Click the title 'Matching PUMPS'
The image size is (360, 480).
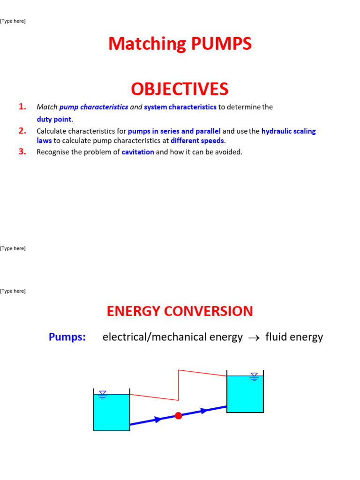tap(180, 44)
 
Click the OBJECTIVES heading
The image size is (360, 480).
tap(180, 89)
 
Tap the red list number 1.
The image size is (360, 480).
tap(22, 107)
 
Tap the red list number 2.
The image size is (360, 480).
tap(22, 131)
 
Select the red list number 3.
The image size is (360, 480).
tap(22, 151)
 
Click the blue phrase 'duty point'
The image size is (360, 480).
tap(54, 120)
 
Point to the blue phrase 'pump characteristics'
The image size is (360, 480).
tap(94, 107)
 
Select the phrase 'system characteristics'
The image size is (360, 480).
tap(180, 107)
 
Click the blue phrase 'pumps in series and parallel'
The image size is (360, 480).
tap(174, 131)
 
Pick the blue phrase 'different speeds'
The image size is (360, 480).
tap(197, 141)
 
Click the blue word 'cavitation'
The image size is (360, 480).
tap(138, 152)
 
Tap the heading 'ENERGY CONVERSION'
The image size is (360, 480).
tap(180, 311)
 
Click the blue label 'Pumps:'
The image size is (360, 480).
tap(67, 337)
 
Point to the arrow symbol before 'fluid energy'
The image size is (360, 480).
tap(254, 337)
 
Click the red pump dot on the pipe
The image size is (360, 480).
tap(178, 415)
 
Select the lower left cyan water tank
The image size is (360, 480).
tap(112, 412)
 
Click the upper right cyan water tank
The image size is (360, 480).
tap(245, 394)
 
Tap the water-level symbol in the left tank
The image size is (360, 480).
tap(103, 395)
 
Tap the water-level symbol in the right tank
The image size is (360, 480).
tap(254, 376)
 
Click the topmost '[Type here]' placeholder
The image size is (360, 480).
tap(13, 21)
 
